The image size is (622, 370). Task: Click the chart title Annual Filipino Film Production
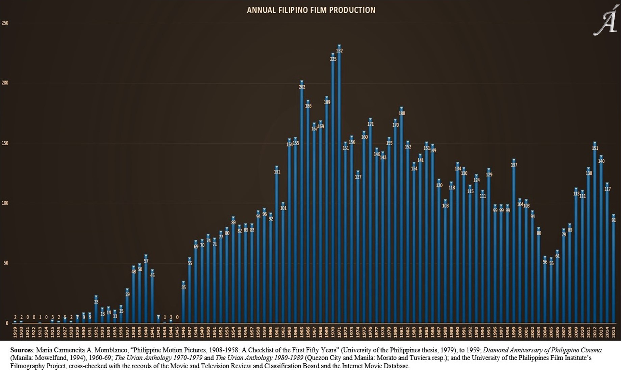(x=311, y=10)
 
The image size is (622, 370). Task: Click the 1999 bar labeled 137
(x=514, y=243)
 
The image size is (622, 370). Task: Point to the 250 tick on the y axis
(x=5, y=23)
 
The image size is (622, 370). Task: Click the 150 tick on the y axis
(x=5, y=143)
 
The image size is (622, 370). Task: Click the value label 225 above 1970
(x=333, y=59)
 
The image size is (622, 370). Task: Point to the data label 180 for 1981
(x=401, y=114)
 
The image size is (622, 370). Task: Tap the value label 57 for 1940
(x=146, y=261)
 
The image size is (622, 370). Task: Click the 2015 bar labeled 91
(x=613, y=270)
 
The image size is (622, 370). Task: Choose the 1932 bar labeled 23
(x=96, y=311)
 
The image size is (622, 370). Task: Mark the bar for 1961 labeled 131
(x=277, y=247)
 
